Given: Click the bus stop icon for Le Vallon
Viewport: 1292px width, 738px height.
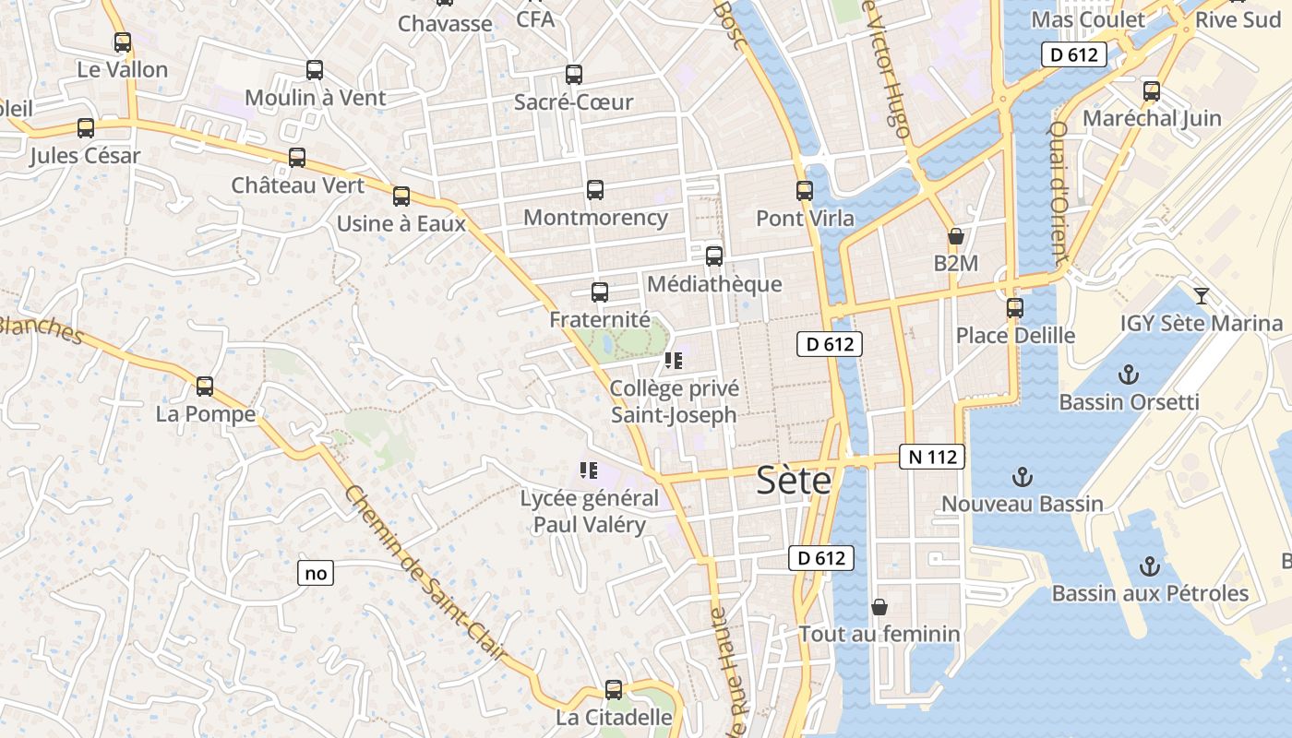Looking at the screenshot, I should coord(122,42).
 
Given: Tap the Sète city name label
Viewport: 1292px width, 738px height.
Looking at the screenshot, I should coord(794,481).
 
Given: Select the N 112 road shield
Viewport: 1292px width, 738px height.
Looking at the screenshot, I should coord(931,456).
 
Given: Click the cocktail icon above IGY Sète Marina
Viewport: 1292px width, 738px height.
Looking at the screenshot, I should coord(1201,295).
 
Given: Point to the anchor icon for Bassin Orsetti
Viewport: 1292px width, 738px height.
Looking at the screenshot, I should coord(1128,375).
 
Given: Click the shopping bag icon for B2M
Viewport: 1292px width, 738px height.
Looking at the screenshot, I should coord(956,236).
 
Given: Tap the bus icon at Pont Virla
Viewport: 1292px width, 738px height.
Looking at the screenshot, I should coord(805,191).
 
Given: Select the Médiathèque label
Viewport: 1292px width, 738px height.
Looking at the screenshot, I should coord(714,284).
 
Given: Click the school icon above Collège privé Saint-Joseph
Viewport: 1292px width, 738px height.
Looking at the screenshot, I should coord(673,361).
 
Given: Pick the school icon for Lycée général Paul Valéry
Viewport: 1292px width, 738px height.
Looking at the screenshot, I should coord(589,470).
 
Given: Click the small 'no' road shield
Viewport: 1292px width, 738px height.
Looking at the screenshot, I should coord(316,573).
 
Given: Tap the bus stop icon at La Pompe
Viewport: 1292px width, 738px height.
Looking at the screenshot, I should coord(205,387).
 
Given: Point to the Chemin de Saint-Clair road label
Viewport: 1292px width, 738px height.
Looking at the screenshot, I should coord(425,573).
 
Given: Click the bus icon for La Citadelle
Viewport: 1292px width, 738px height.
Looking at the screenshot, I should coord(614,689).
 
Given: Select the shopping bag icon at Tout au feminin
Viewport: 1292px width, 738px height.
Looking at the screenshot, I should coord(879,607).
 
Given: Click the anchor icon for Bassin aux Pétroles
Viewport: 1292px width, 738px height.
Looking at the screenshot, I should coord(1150,565).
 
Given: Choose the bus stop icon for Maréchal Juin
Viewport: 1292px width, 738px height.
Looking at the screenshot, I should coord(1152,91).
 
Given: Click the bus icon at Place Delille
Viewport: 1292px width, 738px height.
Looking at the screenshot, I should coord(1015,307).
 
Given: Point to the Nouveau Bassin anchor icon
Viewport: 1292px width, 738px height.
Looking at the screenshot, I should coord(1022,477).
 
